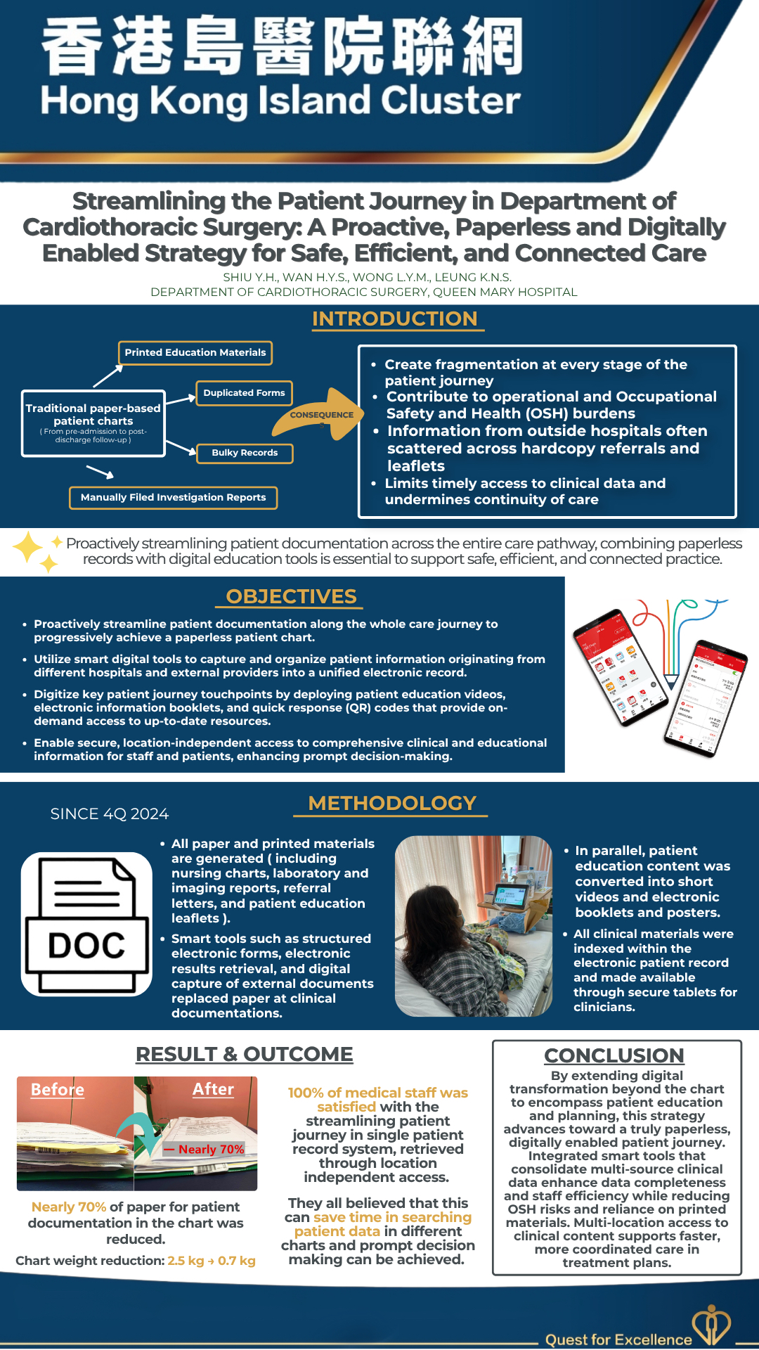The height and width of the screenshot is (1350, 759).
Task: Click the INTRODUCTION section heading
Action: (394, 319)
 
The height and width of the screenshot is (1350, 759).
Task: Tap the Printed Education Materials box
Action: (195, 352)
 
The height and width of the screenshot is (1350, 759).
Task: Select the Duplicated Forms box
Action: (244, 392)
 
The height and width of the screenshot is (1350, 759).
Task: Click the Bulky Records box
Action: (245, 453)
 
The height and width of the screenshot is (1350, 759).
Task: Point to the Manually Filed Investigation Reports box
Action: (173, 497)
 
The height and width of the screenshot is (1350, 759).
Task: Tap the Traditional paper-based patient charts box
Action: (93, 423)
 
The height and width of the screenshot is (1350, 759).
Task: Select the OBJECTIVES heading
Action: (291, 596)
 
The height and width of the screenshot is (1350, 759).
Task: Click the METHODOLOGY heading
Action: (392, 803)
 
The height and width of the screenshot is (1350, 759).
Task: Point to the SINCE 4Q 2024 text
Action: (110, 814)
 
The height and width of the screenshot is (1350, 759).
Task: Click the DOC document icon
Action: (86, 924)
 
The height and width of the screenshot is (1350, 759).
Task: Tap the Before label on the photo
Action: (58, 1089)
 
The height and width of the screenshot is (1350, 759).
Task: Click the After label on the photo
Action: (213, 1088)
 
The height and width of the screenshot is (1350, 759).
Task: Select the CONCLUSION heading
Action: (614, 1055)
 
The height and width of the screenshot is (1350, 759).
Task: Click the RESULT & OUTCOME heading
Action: (245, 1054)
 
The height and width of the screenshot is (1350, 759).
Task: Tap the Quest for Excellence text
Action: (618, 1339)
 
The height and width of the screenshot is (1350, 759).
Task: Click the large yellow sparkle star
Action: (28, 547)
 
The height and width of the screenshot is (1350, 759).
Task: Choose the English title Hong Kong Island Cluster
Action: (280, 101)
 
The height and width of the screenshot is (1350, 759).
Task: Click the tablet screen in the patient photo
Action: (511, 896)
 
